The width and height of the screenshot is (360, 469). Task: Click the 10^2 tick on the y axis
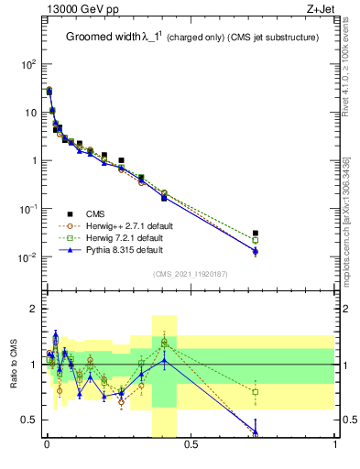pyautogui.click(x=28, y=65)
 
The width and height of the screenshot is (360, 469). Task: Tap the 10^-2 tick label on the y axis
pyautogui.click(x=27, y=256)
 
